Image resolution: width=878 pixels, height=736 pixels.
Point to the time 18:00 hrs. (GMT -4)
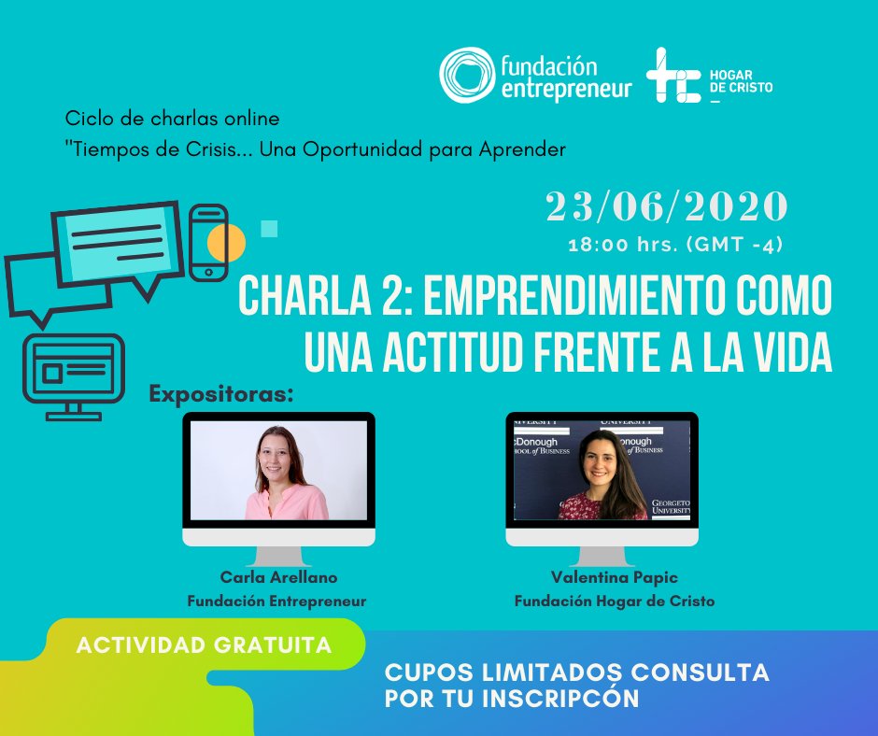coord(675,246)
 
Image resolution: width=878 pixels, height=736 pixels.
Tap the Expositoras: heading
coord(221,395)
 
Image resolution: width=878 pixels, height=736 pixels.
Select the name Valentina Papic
coord(614,578)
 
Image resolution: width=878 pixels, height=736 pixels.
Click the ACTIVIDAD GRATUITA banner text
coord(204,644)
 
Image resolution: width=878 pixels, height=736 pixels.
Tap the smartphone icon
coord(207,243)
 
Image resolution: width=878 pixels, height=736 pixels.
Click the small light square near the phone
coord(270,229)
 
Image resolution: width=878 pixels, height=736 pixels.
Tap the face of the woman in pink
coord(277,453)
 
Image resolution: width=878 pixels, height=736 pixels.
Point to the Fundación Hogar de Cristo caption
coord(615,602)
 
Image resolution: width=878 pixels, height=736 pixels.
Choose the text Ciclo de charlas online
coord(173,120)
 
